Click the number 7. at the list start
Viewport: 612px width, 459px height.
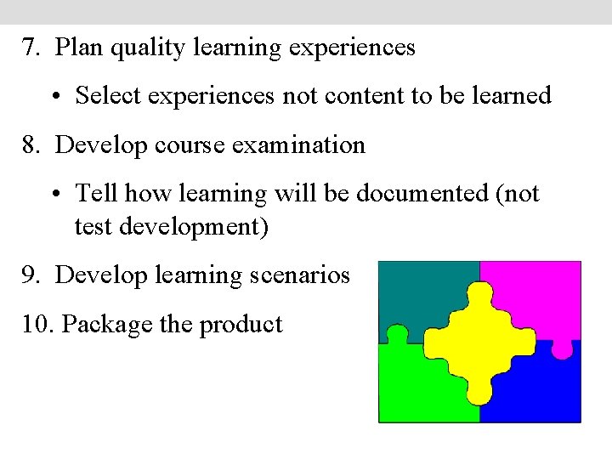[x=33, y=48]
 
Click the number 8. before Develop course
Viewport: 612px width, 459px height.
[x=33, y=144]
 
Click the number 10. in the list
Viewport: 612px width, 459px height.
[x=38, y=324]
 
